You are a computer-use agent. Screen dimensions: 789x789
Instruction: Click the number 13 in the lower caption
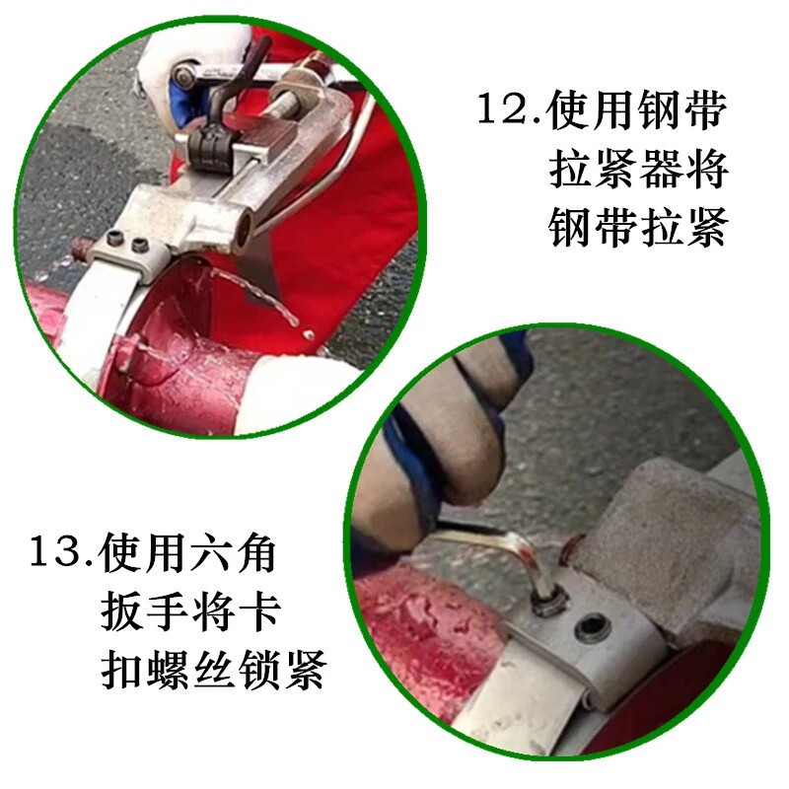[x=58, y=552]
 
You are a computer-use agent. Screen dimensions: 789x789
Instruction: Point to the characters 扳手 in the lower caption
[x=143, y=611]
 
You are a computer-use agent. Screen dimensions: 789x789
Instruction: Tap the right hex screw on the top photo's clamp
[x=139, y=246]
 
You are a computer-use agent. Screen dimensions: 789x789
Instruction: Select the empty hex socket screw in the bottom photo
[x=594, y=627]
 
